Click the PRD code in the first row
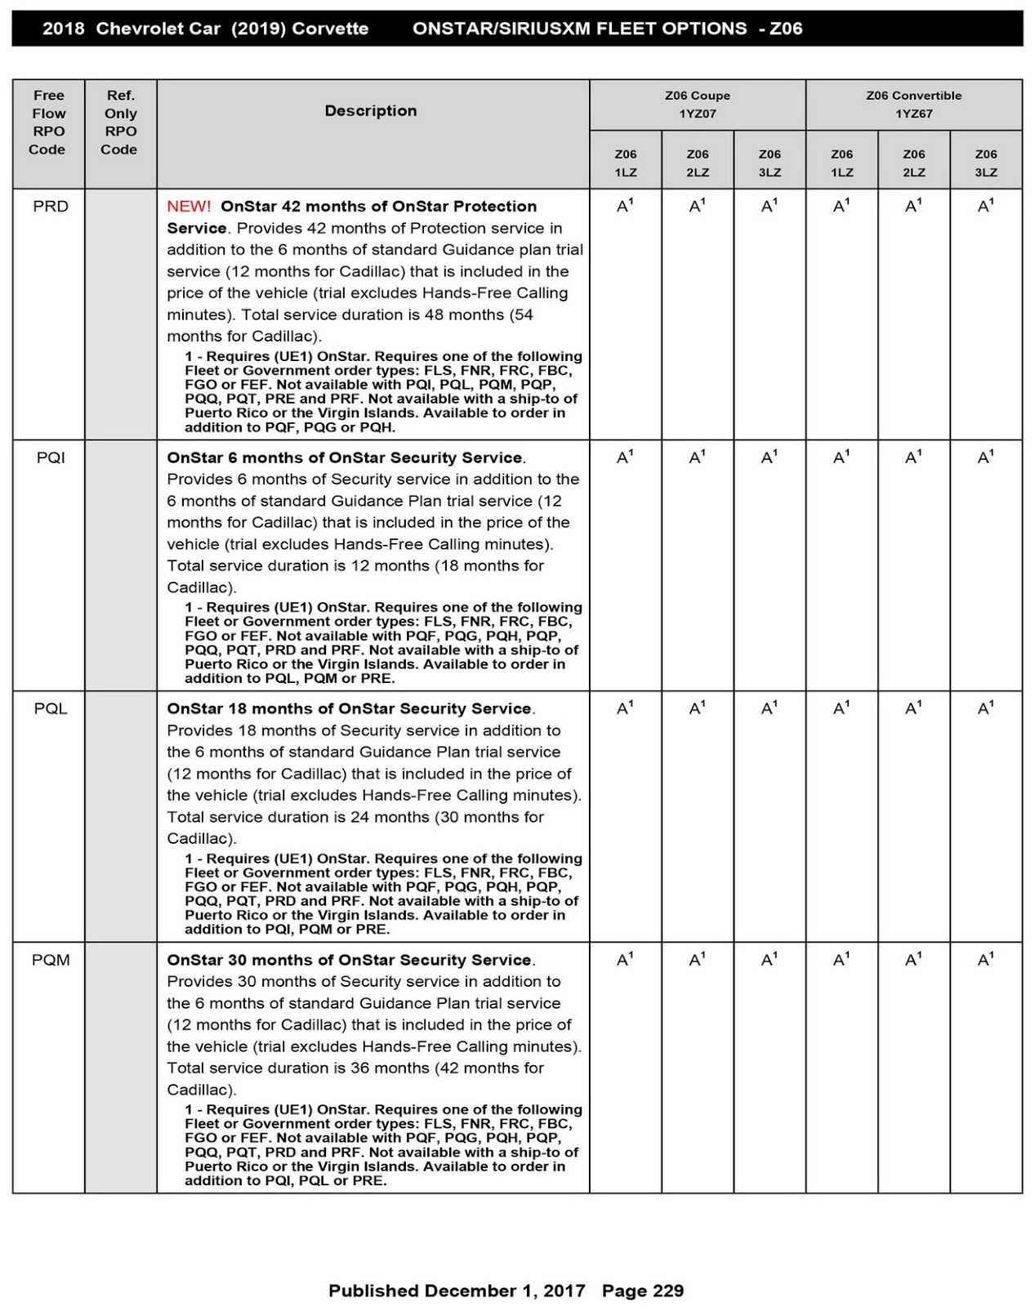[51, 207]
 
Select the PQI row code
[51, 458]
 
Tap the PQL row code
[51, 709]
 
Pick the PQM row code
[51, 960]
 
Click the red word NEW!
[189, 207]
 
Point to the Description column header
[371, 111]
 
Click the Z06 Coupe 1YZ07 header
[698, 105]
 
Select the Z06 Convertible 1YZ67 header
[913, 105]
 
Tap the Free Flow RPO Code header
[48, 123]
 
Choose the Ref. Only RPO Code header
[120, 123]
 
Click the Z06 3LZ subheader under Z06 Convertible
[986, 163]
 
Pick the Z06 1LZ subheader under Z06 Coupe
[626, 163]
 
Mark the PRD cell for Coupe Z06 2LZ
[697, 207]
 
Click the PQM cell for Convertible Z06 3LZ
[985, 960]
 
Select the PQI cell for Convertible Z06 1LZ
[841, 458]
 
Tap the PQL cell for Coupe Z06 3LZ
[769, 709]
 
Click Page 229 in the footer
[643, 1291]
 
